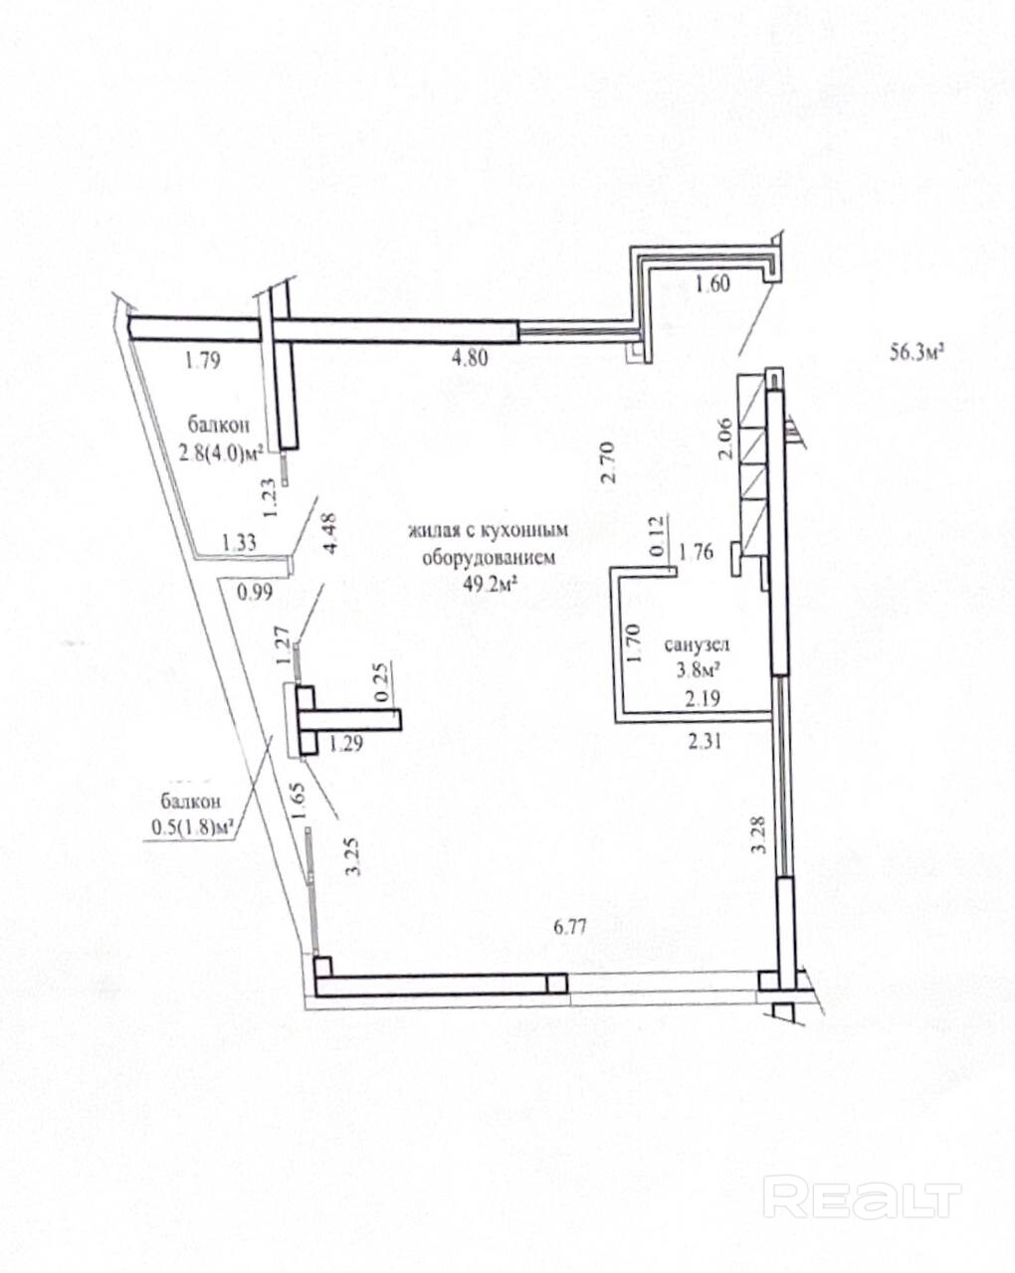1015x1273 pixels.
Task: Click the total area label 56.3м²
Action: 914,352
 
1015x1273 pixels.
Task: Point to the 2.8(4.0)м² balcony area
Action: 220,455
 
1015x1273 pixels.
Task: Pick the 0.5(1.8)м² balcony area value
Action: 192,824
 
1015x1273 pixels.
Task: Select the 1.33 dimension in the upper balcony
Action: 239,542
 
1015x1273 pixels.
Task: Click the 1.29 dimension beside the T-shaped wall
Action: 346,741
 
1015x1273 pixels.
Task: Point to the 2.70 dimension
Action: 612,463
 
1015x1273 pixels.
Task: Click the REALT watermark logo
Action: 867,1196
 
